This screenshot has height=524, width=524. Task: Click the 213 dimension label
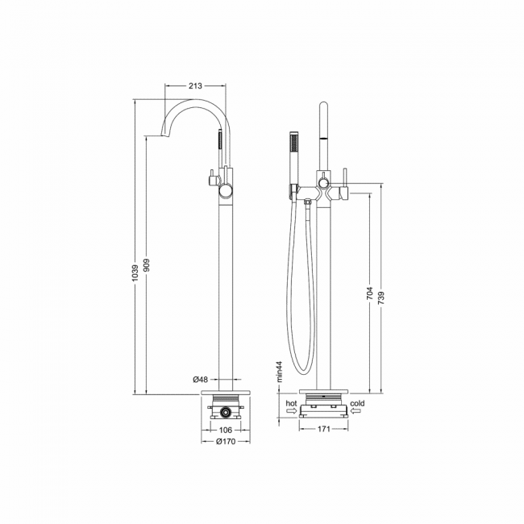(x=196, y=86)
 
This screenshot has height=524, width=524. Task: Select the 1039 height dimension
(x=135, y=272)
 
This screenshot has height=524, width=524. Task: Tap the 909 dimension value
(x=148, y=265)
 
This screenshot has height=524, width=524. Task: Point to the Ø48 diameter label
(x=201, y=380)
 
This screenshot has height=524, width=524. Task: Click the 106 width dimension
(x=226, y=430)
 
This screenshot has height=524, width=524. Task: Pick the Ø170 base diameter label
(x=226, y=442)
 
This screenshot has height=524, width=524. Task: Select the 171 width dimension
(x=323, y=429)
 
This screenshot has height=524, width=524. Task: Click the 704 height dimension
(x=369, y=293)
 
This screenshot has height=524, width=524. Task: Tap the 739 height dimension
(x=381, y=297)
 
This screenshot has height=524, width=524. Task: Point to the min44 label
(x=280, y=372)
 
